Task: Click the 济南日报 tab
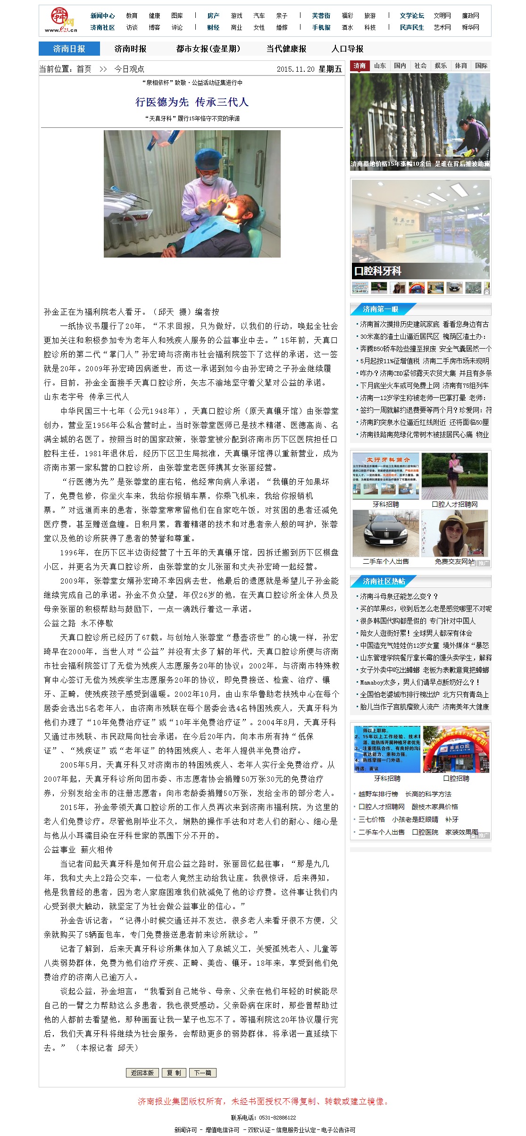(x=69, y=49)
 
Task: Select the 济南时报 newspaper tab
(x=130, y=49)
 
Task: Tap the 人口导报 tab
(x=347, y=49)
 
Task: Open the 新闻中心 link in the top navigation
(x=102, y=16)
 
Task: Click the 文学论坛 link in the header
(x=412, y=16)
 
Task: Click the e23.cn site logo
(x=61, y=20)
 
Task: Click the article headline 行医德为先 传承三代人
(x=192, y=102)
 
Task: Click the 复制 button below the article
(x=174, y=1072)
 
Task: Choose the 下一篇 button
(x=203, y=1072)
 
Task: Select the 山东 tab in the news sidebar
(x=380, y=66)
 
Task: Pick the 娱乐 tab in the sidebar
(x=441, y=66)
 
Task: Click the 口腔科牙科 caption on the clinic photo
(x=378, y=271)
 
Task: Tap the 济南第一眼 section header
(x=380, y=309)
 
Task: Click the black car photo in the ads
(x=386, y=533)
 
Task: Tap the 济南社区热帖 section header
(x=384, y=581)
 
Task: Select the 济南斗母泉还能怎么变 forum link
(x=399, y=596)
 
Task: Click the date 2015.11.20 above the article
(x=295, y=69)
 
